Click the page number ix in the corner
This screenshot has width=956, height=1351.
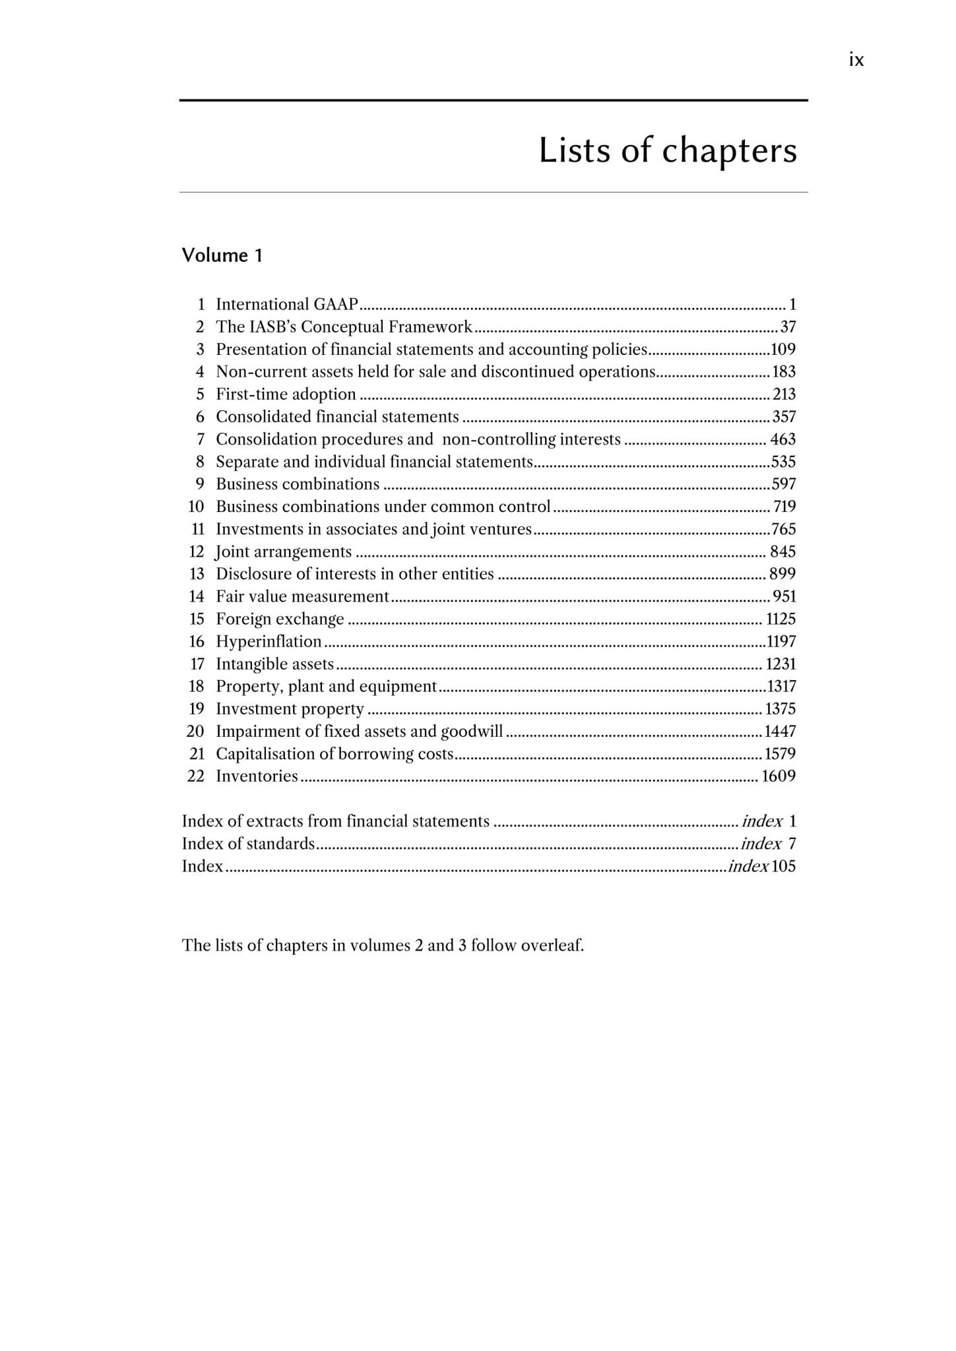click(856, 61)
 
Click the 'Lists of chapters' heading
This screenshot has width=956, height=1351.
click(667, 150)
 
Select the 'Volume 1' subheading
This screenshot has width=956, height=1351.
click(222, 255)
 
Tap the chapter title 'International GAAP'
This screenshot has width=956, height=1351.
click(287, 304)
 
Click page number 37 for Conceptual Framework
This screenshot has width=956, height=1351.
click(788, 327)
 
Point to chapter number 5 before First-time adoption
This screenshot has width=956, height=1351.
click(200, 394)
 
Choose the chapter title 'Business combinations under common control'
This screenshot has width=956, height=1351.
click(383, 507)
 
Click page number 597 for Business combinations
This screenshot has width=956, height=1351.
click(784, 484)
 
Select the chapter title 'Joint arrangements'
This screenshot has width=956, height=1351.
click(284, 551)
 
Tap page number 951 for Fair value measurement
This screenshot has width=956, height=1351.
click(784, 596)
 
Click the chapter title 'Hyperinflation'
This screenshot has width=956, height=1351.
click(269, 641)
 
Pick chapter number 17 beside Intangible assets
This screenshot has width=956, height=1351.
click(197, 664)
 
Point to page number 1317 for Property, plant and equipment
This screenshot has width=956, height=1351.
click(781, 686)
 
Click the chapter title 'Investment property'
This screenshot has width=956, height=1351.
click(290, 708)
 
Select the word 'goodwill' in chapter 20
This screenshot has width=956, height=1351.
click(471, 731)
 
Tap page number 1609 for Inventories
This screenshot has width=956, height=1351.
click(779, 776)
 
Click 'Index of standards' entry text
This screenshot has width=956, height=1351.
click(248, 844)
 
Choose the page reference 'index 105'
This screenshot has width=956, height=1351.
click(762, 866)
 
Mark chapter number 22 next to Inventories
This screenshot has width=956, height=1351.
click(196, 776)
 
